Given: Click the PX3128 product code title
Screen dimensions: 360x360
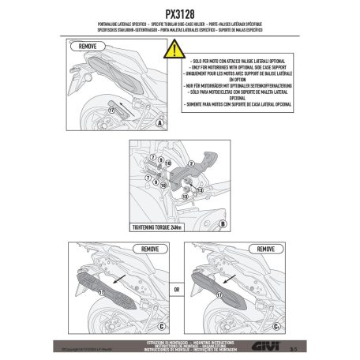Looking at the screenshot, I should click(180, 13).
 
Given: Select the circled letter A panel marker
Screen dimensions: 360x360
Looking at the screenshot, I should click(159, 125).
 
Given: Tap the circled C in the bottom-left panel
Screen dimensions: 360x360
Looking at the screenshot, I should click(159, 325).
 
